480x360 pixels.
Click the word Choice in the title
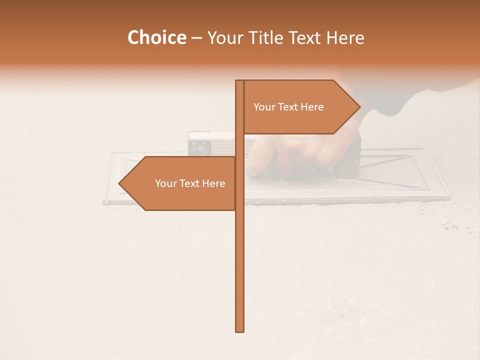coord(156,38)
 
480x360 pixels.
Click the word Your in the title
coord(225,38)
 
